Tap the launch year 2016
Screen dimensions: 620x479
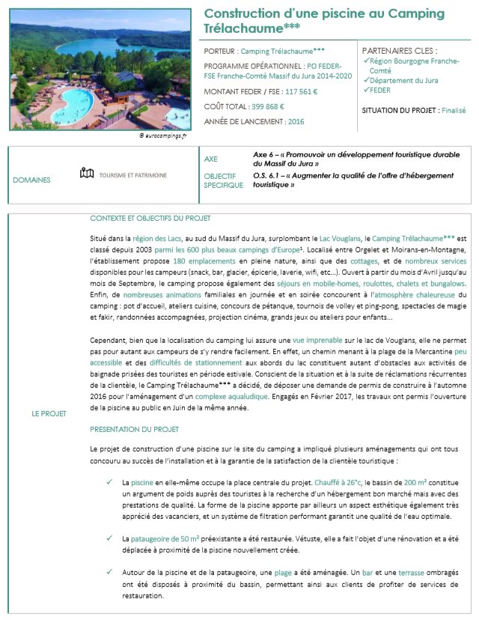(x=296, y=121)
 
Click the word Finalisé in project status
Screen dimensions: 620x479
(x=454, y=110)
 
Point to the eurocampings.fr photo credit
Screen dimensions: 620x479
(x=164, y=136)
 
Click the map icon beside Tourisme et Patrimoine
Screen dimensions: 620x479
(x=87, y=174)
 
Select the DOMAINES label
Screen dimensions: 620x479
(x=32, y=180)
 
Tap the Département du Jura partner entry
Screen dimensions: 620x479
(x=404, y=80)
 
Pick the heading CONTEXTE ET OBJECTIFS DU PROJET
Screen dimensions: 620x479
(x=150, y=218)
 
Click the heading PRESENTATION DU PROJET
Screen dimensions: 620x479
(x=134, y=430)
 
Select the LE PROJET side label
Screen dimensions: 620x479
(x=49, y=413)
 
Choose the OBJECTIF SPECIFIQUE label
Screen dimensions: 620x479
(x=224, y=180)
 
